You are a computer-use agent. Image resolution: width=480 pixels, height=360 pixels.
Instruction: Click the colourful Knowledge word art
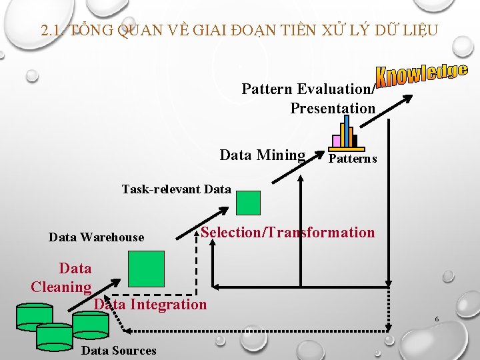coord(421,75)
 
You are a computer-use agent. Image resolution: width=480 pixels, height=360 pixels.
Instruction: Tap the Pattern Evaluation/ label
coord(308,89)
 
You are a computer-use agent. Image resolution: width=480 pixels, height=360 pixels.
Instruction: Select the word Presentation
coord(333,108)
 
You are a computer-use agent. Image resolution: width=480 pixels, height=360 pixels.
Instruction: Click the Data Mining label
coord(262,155)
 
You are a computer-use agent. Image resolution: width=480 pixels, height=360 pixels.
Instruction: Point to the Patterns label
coord(353,159)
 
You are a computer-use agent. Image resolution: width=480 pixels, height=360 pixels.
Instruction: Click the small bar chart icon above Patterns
coord(346,133)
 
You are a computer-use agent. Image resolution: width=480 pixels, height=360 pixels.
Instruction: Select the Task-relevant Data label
coord(176,189)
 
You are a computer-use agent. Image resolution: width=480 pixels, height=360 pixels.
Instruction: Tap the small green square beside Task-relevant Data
coord(249,203)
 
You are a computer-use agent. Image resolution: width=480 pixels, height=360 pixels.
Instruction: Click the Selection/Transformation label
coord(287,232)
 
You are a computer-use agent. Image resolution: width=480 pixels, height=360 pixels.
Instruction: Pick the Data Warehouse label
coord(96,237)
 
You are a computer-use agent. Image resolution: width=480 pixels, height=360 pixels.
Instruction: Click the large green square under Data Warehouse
coord(146,268)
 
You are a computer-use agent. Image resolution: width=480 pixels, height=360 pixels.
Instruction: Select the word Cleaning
coord(61,287)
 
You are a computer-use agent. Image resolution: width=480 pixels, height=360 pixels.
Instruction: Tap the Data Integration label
coord(151,305)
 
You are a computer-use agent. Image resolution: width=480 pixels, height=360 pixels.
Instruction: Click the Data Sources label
coord(119,351)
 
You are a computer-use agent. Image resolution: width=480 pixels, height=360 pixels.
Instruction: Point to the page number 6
coord(437,319)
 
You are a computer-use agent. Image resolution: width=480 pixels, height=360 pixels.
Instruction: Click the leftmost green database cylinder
coord(34,317)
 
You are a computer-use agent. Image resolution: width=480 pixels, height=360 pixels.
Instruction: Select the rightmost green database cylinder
coord(90,324)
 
